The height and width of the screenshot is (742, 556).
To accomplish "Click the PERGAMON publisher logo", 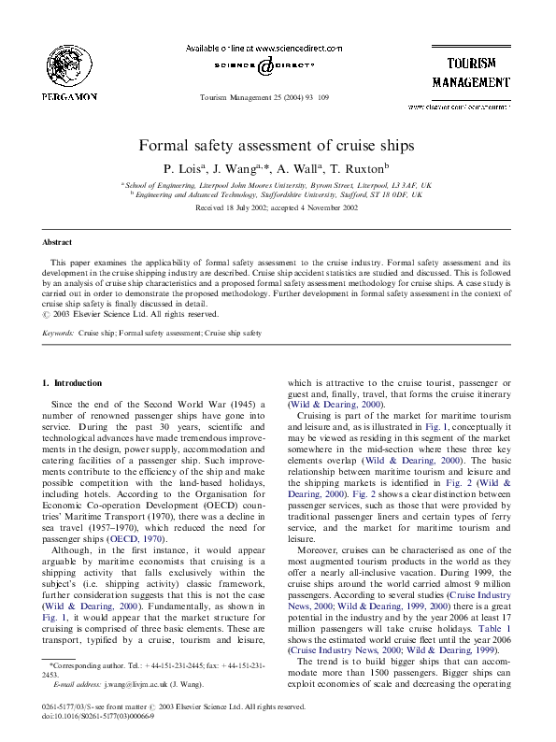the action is [69, 71].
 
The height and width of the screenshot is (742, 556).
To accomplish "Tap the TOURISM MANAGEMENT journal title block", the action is [471, 72].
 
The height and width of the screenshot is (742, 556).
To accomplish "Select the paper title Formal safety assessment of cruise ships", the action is [277, 147].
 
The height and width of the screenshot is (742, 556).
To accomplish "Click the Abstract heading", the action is [58, 242].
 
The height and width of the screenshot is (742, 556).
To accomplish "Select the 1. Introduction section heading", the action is [73, 383].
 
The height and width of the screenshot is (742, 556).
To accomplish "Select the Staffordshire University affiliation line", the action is [280, 194].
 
